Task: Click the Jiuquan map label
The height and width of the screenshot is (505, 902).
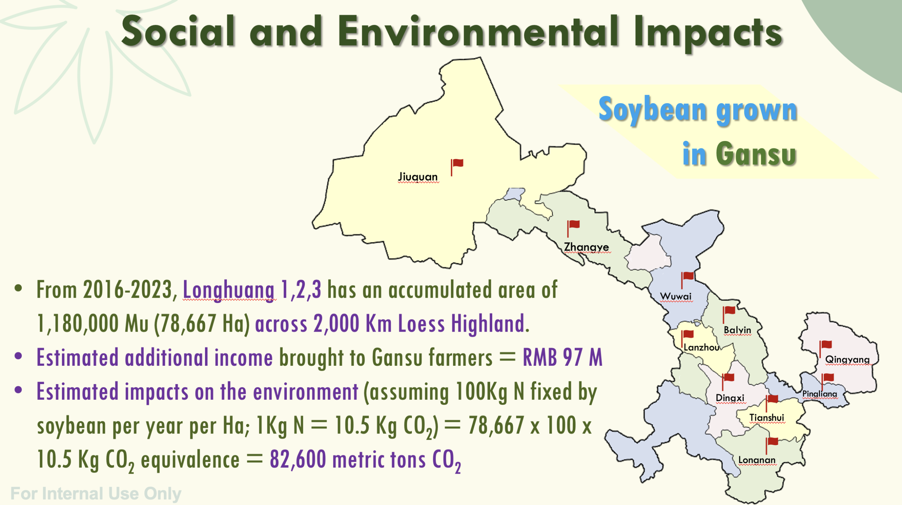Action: coord(418,177)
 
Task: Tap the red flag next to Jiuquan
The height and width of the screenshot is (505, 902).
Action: coord(457,167)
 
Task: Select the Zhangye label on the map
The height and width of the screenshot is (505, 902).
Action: coord(586,247)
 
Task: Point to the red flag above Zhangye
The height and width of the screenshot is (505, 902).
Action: coord(573,228)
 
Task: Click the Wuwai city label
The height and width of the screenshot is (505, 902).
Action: coord(676,296)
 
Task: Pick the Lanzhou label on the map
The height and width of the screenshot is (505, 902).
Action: coord(702,347)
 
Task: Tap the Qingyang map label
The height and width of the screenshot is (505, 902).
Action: coord(847,359)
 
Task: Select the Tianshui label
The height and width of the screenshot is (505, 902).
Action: coord(767,418)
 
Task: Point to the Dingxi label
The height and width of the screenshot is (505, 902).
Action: coord(730,398)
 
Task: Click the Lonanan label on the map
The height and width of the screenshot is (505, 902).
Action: coord(757,460)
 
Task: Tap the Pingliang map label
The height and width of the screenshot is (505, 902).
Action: coord(820,394)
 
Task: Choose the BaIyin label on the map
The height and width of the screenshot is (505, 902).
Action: coord(737,330)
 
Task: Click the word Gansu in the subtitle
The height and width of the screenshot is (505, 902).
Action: coord(756,154)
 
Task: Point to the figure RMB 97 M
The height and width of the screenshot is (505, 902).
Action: coord(563,357)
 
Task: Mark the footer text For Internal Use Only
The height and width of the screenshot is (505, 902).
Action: coord(96,493)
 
